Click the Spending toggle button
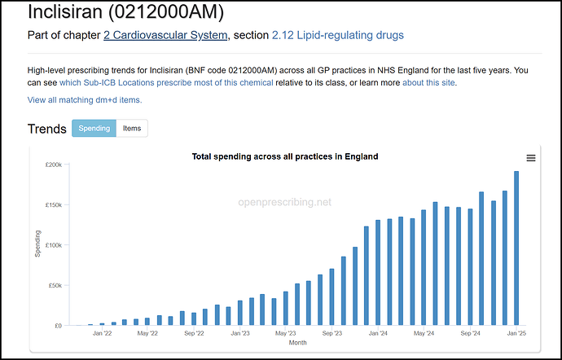point(94,129)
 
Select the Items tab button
point(132,129)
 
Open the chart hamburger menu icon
point(531,158)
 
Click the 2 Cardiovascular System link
point(165,35)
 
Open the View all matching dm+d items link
point(85,99)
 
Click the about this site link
point(429,82)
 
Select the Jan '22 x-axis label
point(102,333)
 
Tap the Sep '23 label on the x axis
point(331,333)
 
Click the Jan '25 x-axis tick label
point(516,333)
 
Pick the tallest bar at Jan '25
point(516,248)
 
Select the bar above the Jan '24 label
point(378,273)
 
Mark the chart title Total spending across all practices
point(284,156)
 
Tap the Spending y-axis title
point(37,244)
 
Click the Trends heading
point(46,129)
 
